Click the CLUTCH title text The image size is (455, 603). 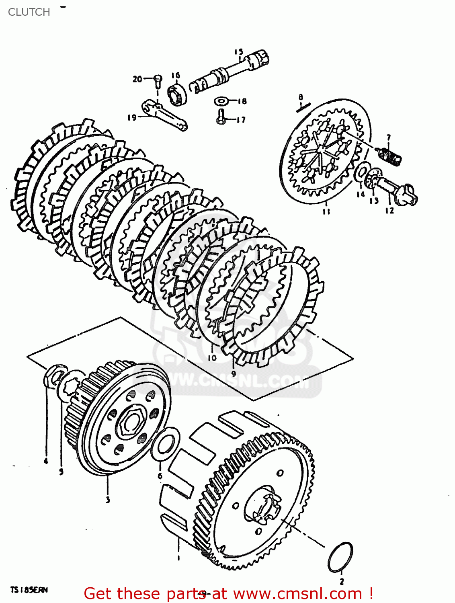coord(29,12)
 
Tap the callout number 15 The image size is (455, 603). coord(239,52)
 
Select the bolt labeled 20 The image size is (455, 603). coord(157,80)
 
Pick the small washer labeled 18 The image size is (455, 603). coord(221,100)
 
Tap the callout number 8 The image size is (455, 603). coord(301,97)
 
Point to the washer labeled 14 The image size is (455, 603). coord(361,174)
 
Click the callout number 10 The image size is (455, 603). coord(212,357)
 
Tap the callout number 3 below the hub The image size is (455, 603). coord(108,500)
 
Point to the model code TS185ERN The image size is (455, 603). coord(29,590)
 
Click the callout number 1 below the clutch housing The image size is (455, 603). coord(178,558)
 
